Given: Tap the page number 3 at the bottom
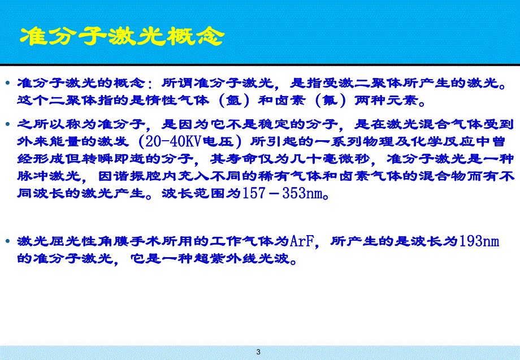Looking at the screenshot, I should tap(259, 352).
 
